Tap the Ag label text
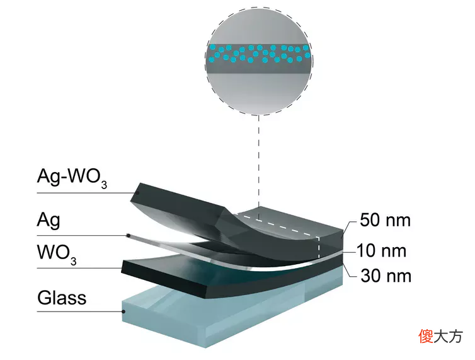tap(49, 220)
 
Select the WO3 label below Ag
tap(57, 255)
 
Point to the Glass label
tap(62, 298)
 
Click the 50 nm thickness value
tap(385, 220)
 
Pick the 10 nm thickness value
tap(381, 251)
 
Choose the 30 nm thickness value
tap(386, 276)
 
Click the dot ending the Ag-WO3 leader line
tap(137, 193)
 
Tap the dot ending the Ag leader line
tap(129, 235)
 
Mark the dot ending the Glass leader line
tap(123, 311)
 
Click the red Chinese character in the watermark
tap(426, 336)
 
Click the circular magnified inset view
tap(259, 61)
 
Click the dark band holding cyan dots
tap(259, 59)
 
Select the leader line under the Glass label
tap(80, 311)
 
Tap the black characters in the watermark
tap(449, 337)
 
